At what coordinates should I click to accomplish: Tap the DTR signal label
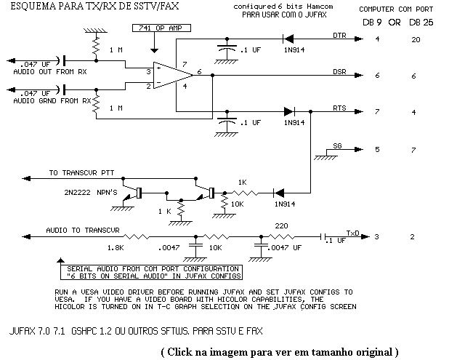(x=339, y=35)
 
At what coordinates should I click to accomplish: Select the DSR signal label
(x=339, y=73)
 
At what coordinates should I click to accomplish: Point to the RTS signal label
(x=339, y=108)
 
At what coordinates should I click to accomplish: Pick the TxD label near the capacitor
(x=352, y=233)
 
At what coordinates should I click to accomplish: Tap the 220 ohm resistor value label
(x=280, y=225)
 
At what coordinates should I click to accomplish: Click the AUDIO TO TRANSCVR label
(x=81, y=230)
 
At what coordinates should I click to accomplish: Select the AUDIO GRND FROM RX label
(x=52, y=100)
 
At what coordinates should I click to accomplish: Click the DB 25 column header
(x=420, y=22)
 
